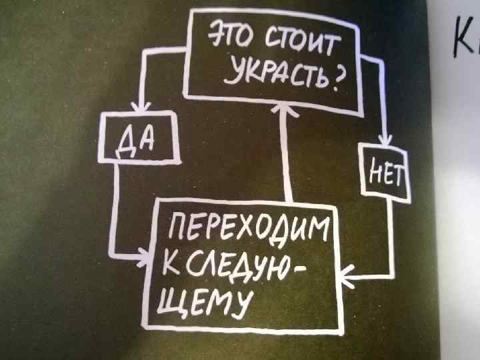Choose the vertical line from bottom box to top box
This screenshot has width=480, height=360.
coord(288,157)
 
